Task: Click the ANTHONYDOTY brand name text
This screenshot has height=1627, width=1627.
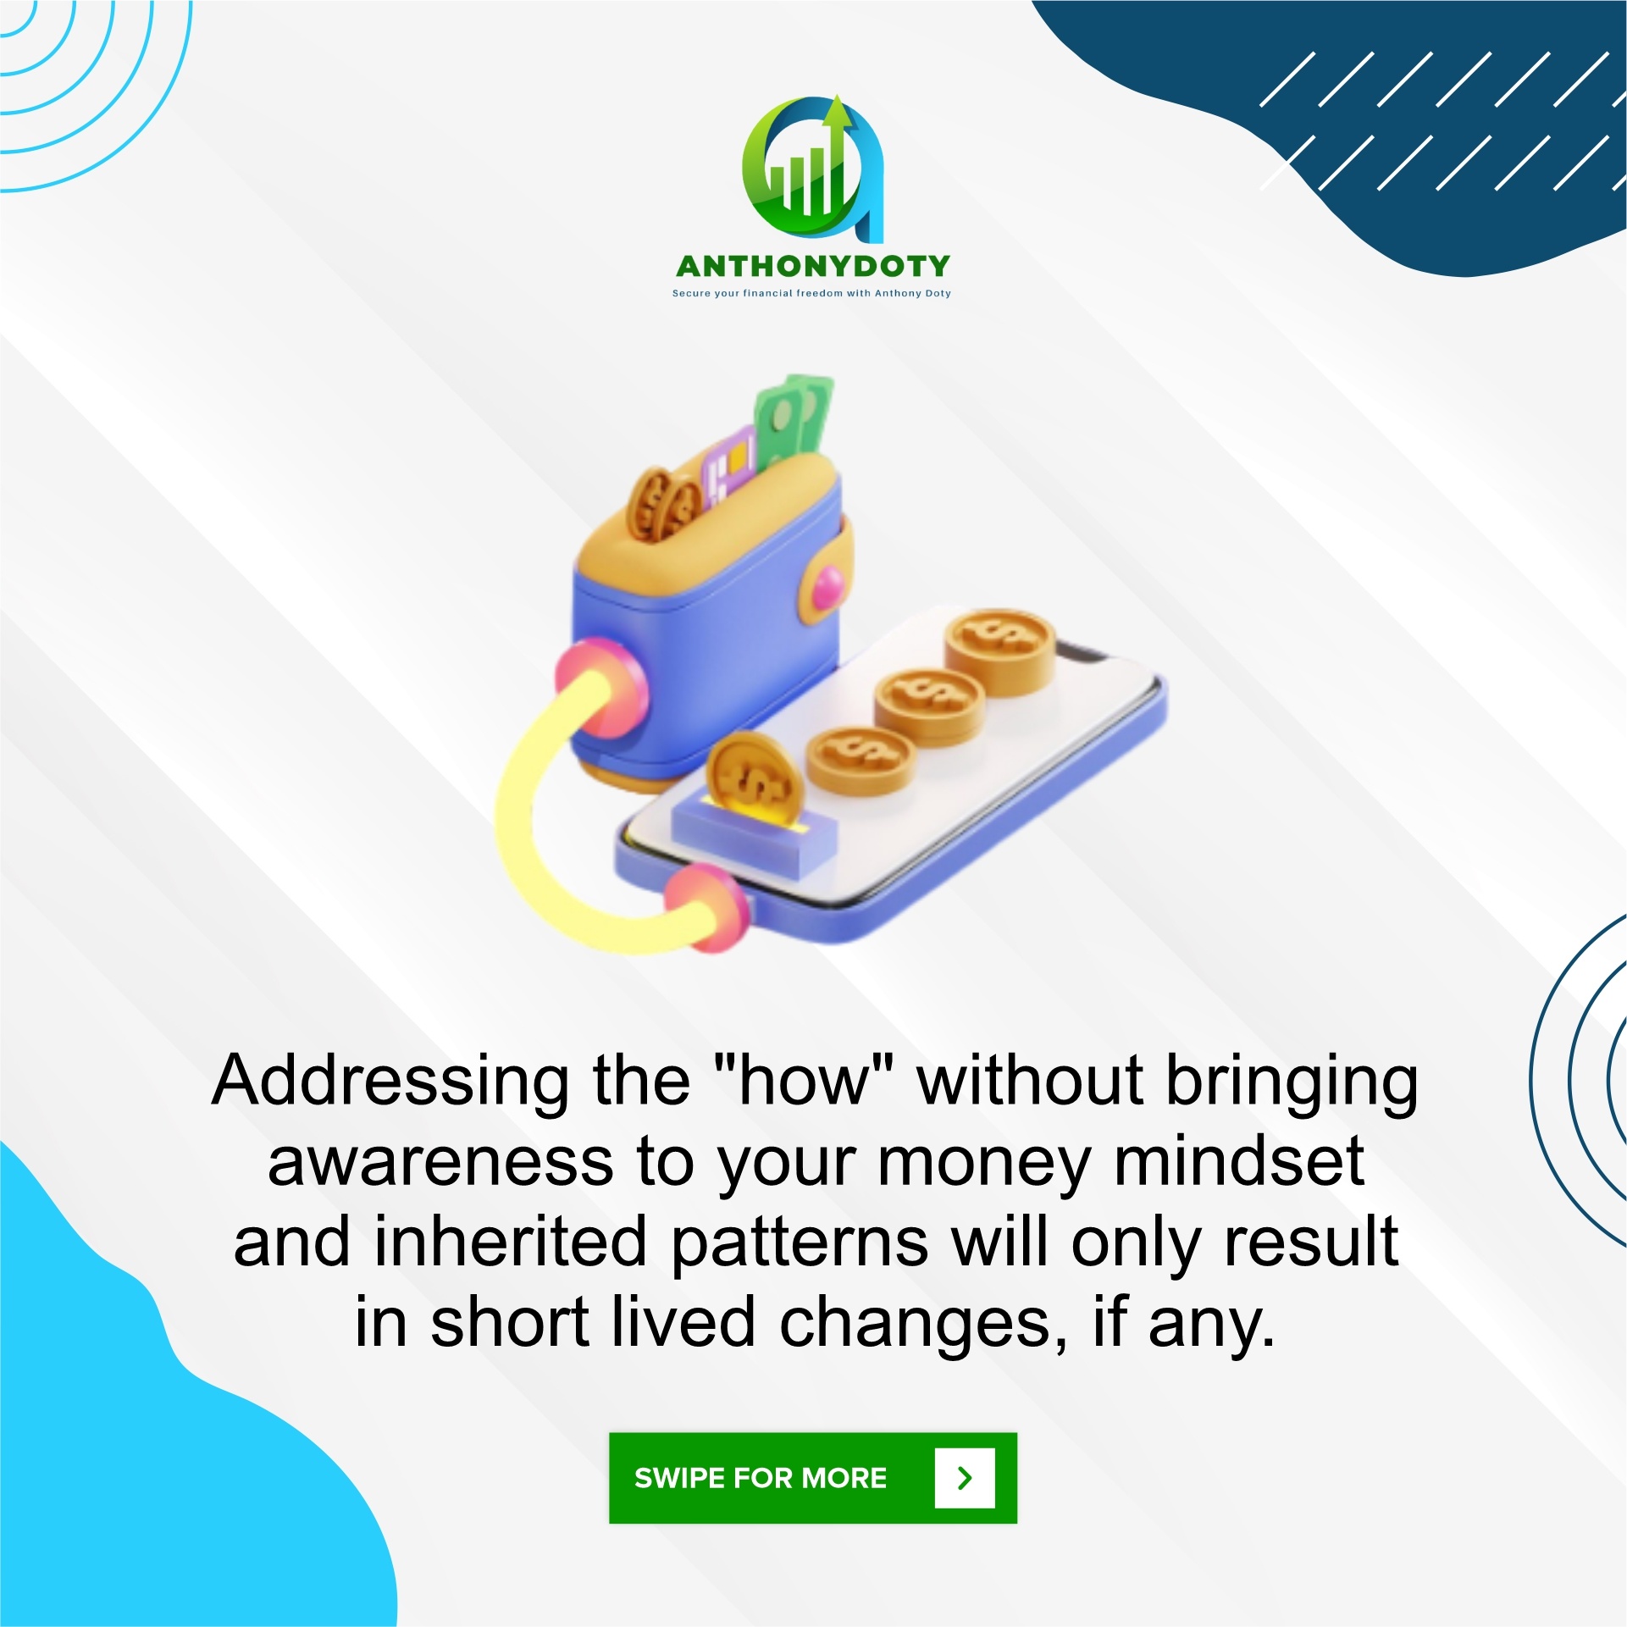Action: pos(813,266)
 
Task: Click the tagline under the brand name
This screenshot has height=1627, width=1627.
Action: pos(811,293)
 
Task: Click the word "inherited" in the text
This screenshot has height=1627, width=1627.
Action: pos(511,1242)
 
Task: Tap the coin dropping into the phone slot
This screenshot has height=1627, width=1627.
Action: pos(750,780)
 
